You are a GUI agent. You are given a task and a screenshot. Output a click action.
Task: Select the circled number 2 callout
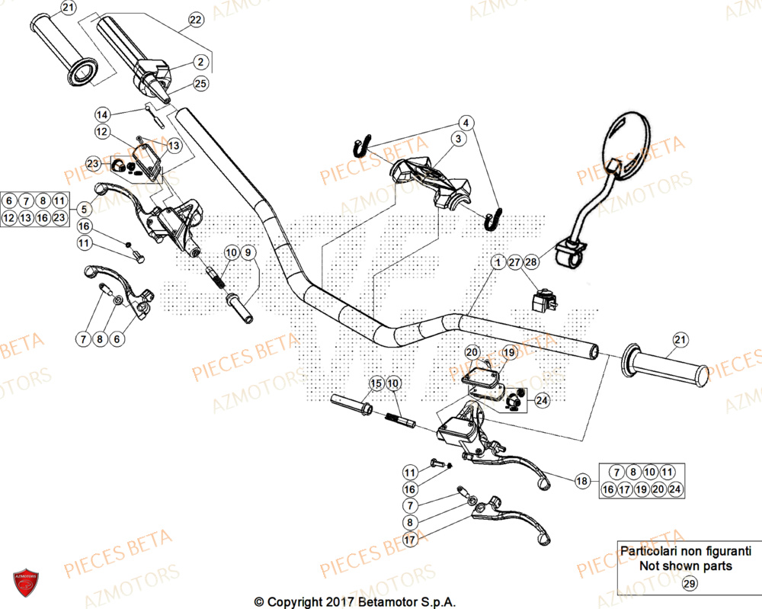(200, 63)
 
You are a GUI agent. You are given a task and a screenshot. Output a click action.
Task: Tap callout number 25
(200, 84)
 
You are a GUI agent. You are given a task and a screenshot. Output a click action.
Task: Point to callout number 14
(103, 114)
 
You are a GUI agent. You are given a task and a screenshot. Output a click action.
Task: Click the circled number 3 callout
(458, 139)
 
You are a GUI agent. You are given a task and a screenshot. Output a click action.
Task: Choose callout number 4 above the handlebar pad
(465, 122)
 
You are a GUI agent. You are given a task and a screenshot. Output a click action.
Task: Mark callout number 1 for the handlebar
(497, 262)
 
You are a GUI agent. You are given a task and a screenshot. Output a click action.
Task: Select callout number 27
(514, 262)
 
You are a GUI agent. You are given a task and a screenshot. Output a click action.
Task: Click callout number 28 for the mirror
(531, 262)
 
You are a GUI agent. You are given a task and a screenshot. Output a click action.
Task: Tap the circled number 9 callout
(249, 252)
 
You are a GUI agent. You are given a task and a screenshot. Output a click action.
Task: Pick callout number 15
(376, 383)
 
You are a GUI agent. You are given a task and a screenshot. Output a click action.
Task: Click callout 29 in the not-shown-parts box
(688, 584)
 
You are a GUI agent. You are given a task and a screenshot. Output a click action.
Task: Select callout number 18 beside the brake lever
(582, 481)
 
